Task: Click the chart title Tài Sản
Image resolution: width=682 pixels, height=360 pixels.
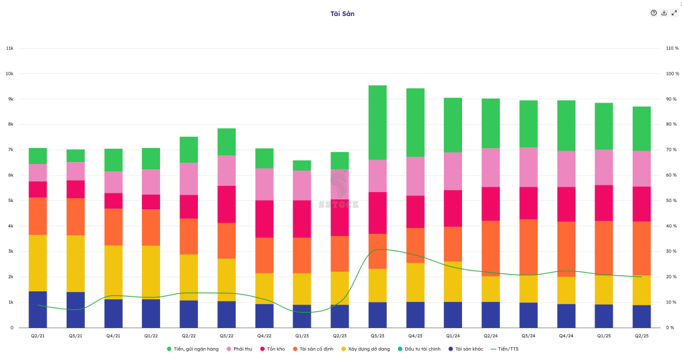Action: coord(343,13)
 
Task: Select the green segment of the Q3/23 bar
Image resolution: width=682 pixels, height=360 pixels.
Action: coord(377,123)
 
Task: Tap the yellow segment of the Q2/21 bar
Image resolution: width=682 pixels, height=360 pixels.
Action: coord(38,263)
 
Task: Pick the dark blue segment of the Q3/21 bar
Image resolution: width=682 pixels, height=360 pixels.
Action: coord(75,309)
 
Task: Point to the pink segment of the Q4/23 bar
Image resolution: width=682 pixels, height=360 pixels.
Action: coord(415,176)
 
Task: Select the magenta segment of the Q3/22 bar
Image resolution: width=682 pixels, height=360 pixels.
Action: coord(227,204)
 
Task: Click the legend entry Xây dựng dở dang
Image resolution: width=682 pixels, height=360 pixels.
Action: coord(367,349)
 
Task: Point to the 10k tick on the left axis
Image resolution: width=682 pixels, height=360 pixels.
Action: coord(10,73)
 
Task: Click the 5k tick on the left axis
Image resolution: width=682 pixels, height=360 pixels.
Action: coord(10,201)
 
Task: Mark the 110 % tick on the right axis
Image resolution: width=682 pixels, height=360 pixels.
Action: coord(671,48)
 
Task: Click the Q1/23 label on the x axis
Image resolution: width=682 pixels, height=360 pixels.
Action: coord(302,335)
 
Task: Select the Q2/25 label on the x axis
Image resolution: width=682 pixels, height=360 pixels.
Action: coord(642,335)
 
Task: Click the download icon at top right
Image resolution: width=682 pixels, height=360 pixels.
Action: coord(664,13)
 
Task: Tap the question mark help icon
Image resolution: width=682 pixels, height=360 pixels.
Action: coord(654,13)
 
